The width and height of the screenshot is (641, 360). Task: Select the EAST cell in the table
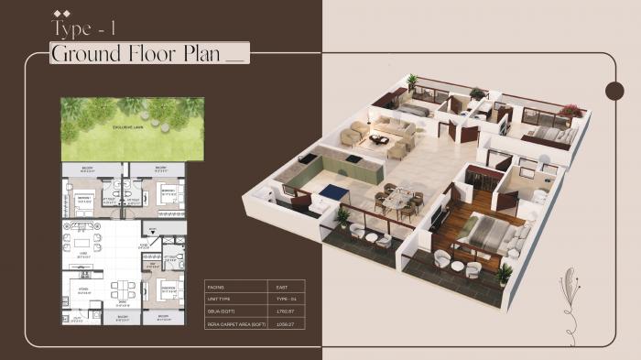pyautogui.click(x=282, y=287)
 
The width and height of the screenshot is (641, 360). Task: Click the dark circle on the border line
pyautogui.click(x=615, y=89)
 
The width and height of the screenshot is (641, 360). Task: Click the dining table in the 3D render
pyautogui.click(x=399, y=198)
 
